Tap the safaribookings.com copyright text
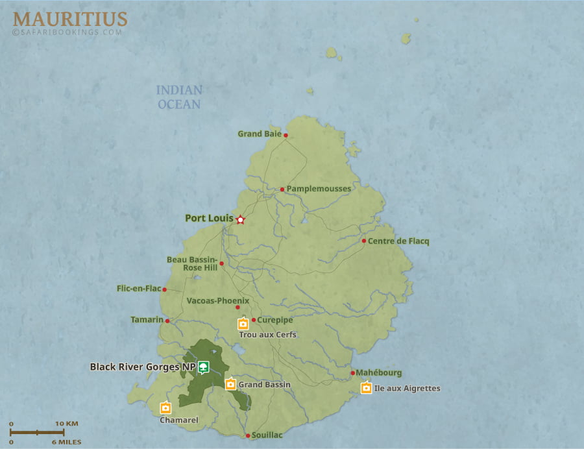pyautogui.click(x=67, y=32)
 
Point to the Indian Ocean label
pyautogui.click(x=178, y=97)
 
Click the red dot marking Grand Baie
pyautogui.click(x=286, y=136)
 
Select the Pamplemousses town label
pyautogui.click(x=319, y=189)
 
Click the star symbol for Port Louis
pyautogui.click(x=240, y=220)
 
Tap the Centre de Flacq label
pyautogui.click(x=398, y=241)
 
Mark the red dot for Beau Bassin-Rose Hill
pyautogui.click(x=221, y=263)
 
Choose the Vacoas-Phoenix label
pyautogui.click(x=217, y=301)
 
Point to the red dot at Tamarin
pyautogui.click(x=167, y=321)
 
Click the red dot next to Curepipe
pyautogui.click(x=254, y=320)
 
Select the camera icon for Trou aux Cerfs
pyautogui.click(x=243, y=324)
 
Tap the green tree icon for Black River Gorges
pyautogui.click(x=204, y=367)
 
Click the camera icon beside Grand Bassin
pyautogui.click(x=230, y=383)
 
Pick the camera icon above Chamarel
pyautogui.click(x=165, y=407)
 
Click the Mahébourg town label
pyautogui.click(x=379, y=373)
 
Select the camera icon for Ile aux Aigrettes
pyautogui.click(x=366, y=388)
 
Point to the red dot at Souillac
pyautogui.click(x=248, y=436)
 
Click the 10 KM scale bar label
pyautogui.click(x=66, y=424)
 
